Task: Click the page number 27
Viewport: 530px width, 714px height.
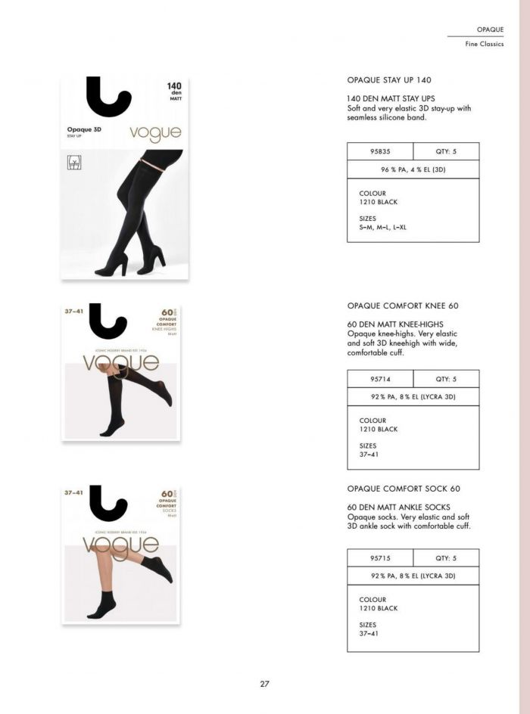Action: click(x=265, y=684)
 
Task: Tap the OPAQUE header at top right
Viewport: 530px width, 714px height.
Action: click(x=490, y=29)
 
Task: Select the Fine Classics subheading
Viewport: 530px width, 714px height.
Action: click(x=484, y=44)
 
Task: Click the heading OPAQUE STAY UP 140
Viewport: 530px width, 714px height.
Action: click(x=389, y=79)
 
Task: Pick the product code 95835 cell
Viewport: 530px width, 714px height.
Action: click(x=380, y=151)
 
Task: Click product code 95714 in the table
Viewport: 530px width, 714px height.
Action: click(x=380, y=379)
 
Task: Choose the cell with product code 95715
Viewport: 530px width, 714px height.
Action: click(x=380, y=558)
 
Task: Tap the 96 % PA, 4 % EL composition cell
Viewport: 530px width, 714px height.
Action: click(x=413, y=169)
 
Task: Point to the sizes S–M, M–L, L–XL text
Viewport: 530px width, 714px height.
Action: click(x=382, y=227)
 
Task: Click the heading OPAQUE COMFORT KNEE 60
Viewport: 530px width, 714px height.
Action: click(x=403, y=306)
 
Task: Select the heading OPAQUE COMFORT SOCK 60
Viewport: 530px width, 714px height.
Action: click(x=404, y=489)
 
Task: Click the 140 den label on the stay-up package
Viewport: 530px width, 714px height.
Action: click(x=174, y=89)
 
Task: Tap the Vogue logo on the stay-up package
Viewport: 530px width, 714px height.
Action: click(x=155, y=134)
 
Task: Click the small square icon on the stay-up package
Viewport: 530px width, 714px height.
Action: click(x=74, y=162)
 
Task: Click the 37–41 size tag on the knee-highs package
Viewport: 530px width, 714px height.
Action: click(x=74, y=310)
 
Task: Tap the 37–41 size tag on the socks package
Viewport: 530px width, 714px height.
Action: click(x=74, y=492)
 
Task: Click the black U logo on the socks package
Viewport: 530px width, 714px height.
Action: click(x=108, y=503)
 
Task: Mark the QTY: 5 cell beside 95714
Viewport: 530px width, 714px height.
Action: click(x=446, y=379)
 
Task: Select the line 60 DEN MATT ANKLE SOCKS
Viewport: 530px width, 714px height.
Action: click(x=398, y=507)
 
